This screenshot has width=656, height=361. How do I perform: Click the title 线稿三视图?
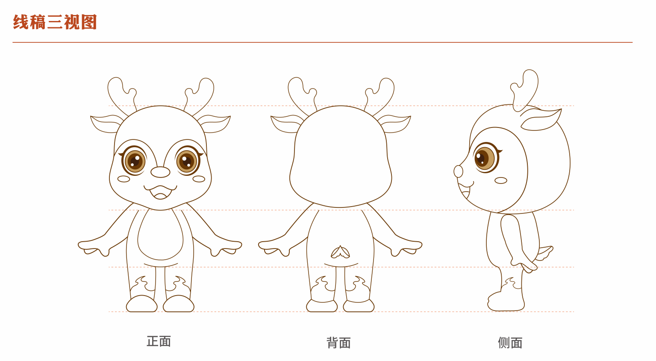[55, 22]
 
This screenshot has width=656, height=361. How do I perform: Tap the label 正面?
[159, 341]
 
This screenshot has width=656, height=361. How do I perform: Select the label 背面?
[338, 343]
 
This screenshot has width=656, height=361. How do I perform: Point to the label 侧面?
[510, 343]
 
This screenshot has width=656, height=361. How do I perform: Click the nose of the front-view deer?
[160, 172]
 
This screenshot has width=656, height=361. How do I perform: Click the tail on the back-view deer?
[340, 252]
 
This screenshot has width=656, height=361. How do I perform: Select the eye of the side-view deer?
[485, 158]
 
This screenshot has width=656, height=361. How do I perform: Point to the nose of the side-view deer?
[458, 172]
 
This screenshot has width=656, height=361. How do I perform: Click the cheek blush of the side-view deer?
[501, 180]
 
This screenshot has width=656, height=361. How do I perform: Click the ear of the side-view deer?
[541, 120]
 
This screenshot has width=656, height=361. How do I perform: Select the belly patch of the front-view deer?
[160, 235]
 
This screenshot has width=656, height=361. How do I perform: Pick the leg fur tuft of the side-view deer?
[511, 283]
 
